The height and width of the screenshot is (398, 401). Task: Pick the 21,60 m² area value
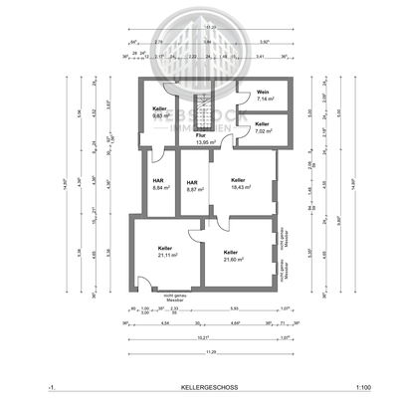click(234, 259)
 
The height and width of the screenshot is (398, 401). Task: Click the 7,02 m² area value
click(264, 130)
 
